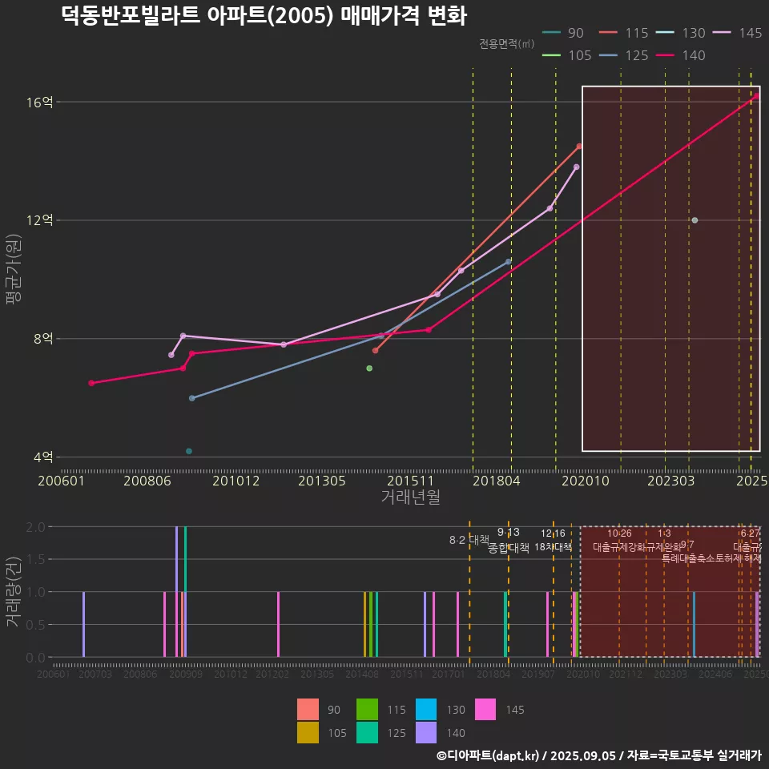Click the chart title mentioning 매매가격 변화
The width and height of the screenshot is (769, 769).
264,16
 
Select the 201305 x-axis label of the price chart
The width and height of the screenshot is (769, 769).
321,481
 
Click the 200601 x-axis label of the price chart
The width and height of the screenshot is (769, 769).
62,481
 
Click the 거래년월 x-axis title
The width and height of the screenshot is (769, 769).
410,497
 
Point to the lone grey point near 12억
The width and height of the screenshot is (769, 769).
695,220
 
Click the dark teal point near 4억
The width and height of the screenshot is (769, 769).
189,452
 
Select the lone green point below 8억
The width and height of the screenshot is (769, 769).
369,368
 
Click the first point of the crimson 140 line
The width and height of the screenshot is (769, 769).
91,383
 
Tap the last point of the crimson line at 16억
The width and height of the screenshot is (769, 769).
756,96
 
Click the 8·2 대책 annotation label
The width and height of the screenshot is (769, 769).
469,540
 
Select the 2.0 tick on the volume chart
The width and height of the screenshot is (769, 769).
35,527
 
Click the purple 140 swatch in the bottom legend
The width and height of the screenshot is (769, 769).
427,732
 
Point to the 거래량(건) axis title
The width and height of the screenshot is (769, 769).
14,592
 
